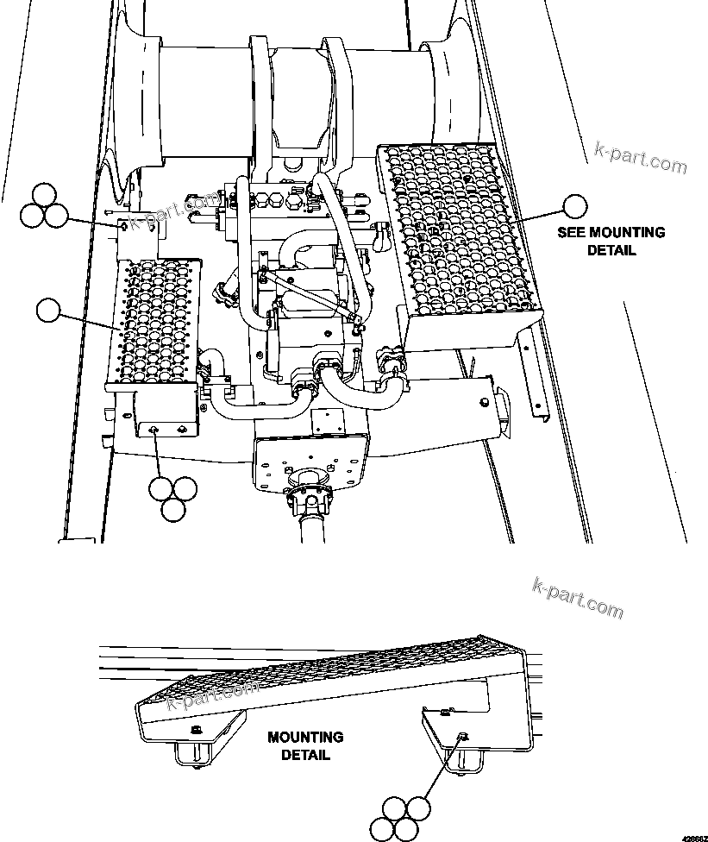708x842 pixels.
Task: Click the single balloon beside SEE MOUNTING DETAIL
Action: click(x=574, y=205)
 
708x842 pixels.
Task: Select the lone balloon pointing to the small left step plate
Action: click(x=48, y=310)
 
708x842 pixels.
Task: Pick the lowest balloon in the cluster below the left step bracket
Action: click(x=172, y=509)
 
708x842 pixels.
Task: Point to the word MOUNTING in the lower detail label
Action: click(x=304, y=738)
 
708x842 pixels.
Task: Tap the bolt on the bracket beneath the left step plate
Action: click(x=154, y=430)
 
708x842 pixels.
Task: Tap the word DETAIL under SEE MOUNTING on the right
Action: click(x=611, y=250)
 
